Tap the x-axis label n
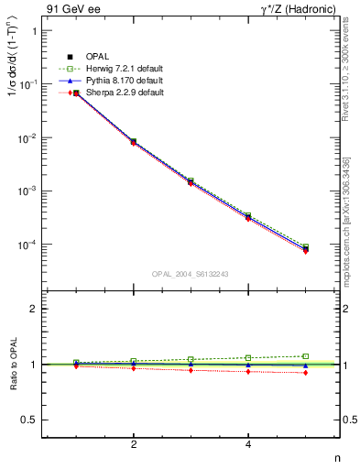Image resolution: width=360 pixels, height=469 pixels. (x=336, y=457)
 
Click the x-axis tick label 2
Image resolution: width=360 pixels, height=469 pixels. (x=134, y=444)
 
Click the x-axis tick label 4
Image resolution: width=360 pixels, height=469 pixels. (x=248, y=444)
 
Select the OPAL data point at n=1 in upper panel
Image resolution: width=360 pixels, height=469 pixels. (x=76, y=93)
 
